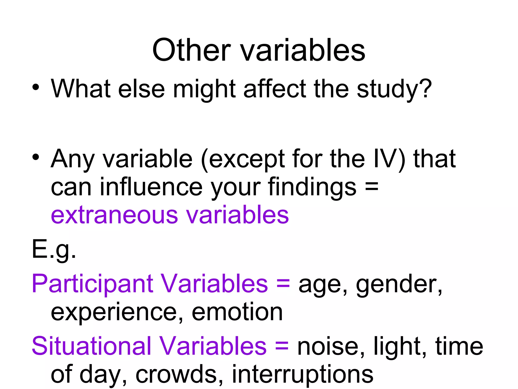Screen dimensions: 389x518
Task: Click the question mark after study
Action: [x=425, y=88]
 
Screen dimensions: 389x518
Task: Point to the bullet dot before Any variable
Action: [x=36, y=157]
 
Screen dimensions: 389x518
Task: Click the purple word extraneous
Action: [x=114, y=215]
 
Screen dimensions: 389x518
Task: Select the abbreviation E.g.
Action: [x=54, y=249]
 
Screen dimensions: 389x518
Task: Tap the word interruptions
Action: [x=303, y=375]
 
